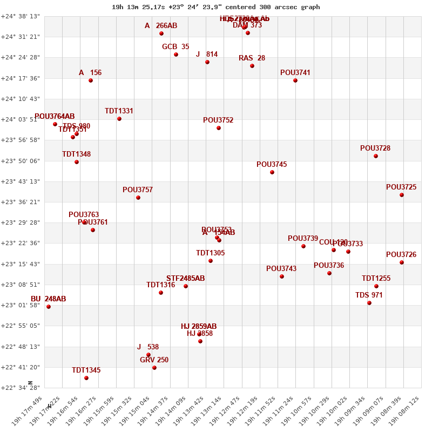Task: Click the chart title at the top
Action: (215, 7)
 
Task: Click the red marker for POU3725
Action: (402, 195)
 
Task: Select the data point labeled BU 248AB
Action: (49, 307)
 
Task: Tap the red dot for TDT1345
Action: (86, 378)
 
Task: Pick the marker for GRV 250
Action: (154, 368)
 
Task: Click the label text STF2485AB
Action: (185, 278)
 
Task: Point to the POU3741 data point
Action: (295, 80)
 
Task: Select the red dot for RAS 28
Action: (252, 66)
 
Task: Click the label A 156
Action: (90, 72)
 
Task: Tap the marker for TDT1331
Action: (119, 119)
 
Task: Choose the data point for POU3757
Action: (138, 198)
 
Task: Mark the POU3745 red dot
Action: (272, 172)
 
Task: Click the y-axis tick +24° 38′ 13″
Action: (21, 16)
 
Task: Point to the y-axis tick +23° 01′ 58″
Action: (21, 305)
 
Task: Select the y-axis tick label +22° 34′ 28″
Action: (21, 388)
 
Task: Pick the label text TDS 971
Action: (369, 295)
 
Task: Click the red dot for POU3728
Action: (376, 156)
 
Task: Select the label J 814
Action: (207, 54)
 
